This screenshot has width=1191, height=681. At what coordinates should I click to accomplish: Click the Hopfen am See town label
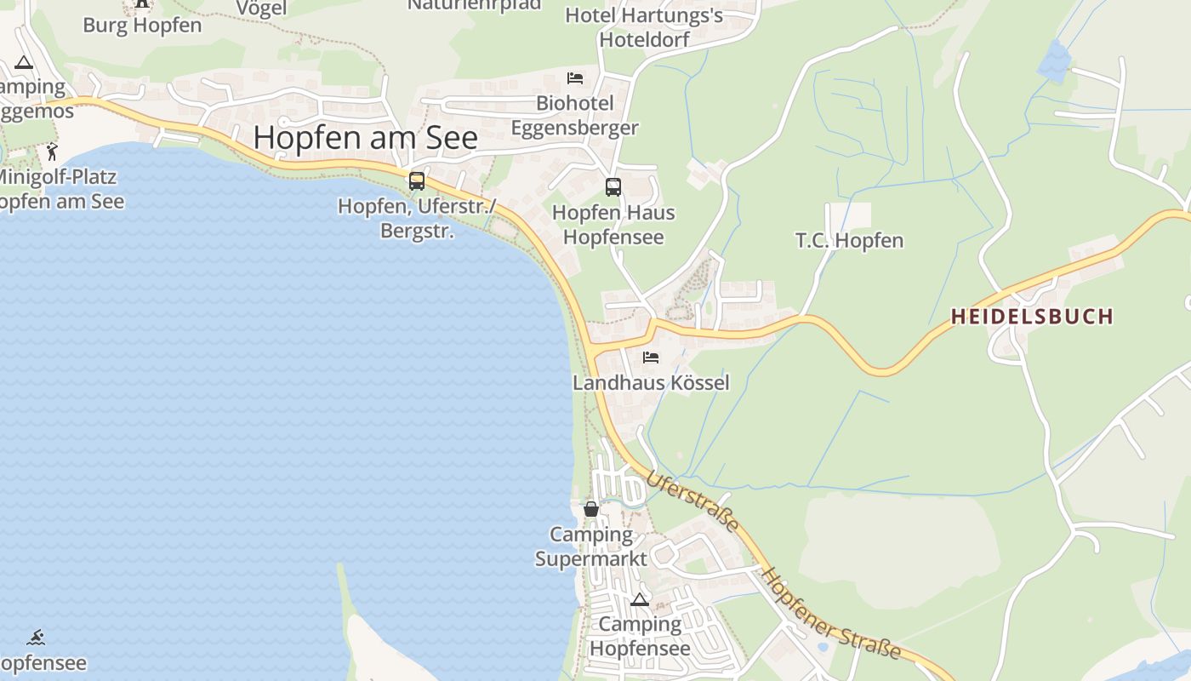pyautogui.click(x=366, y=137)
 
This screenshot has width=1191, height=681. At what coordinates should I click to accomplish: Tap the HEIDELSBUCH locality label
pyautogui.click(x=1031, y=317)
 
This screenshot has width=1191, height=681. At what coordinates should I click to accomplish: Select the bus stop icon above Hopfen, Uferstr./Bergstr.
pyautogui.click(x=416, y=180)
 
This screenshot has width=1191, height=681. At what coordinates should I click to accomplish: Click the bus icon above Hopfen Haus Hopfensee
pyautogui.click(x=613, y=187)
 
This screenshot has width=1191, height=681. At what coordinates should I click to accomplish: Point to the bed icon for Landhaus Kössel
pyautogui.click(x=651, y=358)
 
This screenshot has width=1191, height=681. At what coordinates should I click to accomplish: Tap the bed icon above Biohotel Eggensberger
pyautogui.click(x=575, y=78)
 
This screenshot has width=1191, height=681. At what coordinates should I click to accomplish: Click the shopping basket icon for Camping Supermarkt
pyautogui.click(x=590, y=509)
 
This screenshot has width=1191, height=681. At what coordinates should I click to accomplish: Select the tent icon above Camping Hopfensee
pyautogui.click(x=640, y=599)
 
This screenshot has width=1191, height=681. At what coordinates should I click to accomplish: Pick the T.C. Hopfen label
pyautogui.click(x=849, y=241)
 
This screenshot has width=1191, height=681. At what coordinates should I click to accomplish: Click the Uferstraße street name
pyautogui.click(x=692, y=502)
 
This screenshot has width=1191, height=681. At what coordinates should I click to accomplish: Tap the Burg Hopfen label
pyautogui.click(x=142, y=25)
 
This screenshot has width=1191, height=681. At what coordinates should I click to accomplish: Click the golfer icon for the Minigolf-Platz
pyautogui.click(x=52, y=152)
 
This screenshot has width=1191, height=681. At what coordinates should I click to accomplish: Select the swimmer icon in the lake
pyautogui.click(x=35, y=638)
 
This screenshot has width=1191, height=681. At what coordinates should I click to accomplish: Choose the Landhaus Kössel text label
pyautogui.click(x=651, y=383)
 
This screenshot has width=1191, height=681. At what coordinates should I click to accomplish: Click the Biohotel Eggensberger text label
pyautogui.click(x=574, y=116)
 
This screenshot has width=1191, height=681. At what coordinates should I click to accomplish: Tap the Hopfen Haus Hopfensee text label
pyautogui.click(x=613, y=225)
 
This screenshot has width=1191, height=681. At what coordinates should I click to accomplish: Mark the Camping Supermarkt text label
pyautogui.click(x=591, y=547)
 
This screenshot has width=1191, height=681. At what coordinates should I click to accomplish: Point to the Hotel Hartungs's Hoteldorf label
pyautogui.click(x=644, y=27)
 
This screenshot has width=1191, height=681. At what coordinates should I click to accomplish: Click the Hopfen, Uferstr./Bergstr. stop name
pyautogui.click(x=416, y=218)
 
